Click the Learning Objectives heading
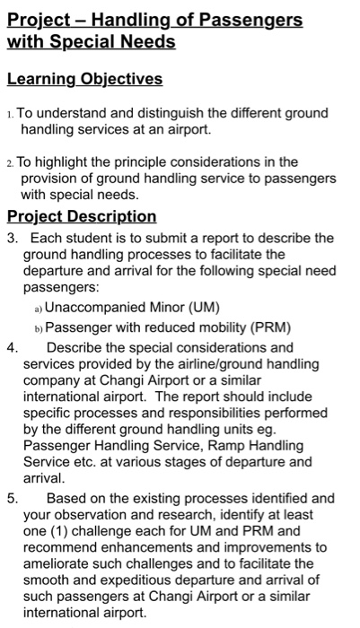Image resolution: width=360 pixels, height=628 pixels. pos(84,79)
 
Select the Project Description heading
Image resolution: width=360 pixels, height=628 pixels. pos(82,216)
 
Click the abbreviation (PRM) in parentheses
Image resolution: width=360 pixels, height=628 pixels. pos(259,327)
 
